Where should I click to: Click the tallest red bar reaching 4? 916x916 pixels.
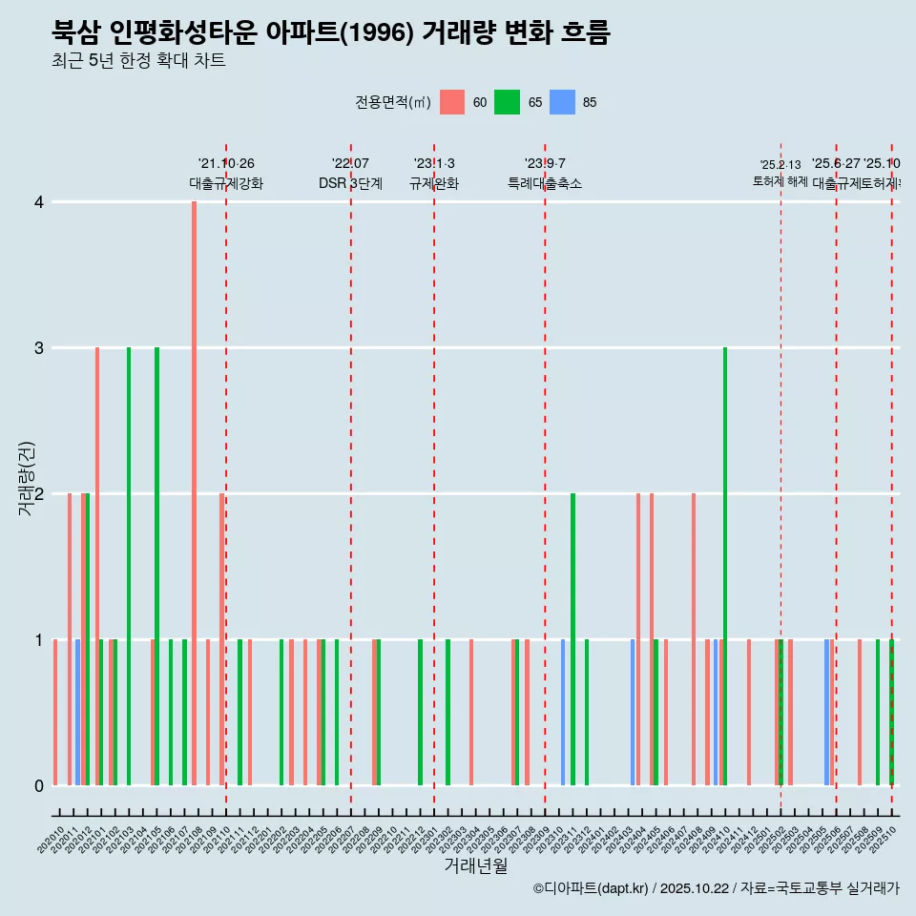pyautogui.click(x=194, y=493)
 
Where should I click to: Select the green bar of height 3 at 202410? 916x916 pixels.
pyautogui.click(x=725, y=566)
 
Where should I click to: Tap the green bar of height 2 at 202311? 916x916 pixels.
pyautogui.click(x=572, y=639)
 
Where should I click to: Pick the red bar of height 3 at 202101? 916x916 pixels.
pyautogui.click(x=97, y=566)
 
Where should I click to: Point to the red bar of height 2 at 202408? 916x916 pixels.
pyautogui.click(x=694, y=639)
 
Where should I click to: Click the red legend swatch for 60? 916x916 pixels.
pyautogui.click(x=452, y=102)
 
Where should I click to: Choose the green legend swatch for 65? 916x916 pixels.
pyautogui.click(x=507, y=102)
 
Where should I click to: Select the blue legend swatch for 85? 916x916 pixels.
pyautogui.click(x=562, y=102)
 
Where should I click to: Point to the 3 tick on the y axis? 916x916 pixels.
pyautogui.click(x=39, y=348)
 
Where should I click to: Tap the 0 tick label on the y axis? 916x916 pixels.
pyautogui.click(x=39, y=786)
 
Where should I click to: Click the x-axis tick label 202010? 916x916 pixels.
pyautogui.click(x=52, y=841)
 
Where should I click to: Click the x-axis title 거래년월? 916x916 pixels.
pyautogui.click(x=475, y=865)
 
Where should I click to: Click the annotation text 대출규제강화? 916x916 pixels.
pyautogui.click(x=226, y=183)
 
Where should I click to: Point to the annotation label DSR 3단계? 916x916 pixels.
pyautogui.click(x=351, y=183)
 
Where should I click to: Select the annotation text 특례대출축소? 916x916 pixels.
pyautogui.click(x=545, y=183)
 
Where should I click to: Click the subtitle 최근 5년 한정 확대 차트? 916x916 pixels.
pyautogui.click(x=138, y=62)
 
